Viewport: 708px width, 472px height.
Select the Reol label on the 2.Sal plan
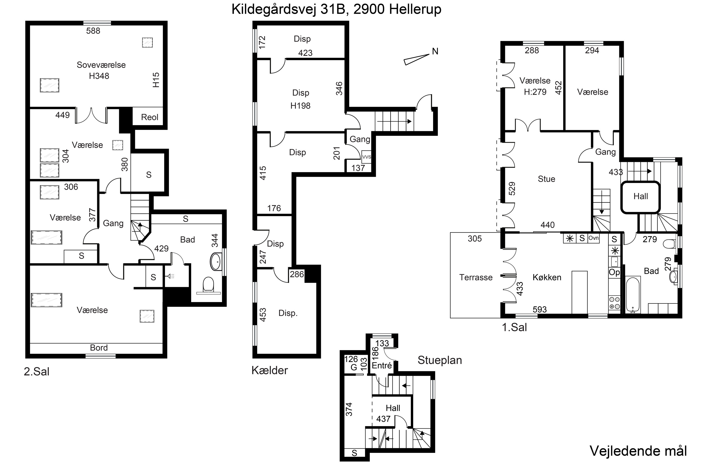(150, 117)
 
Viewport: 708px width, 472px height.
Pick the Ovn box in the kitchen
(593, 238)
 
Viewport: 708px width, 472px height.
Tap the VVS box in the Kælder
(366, 157)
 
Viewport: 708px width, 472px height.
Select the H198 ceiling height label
(300, 106)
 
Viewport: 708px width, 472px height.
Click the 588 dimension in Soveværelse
(93, 31)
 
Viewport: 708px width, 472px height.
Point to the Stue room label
(546, 179)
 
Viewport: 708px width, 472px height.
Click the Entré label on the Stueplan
(382, 366)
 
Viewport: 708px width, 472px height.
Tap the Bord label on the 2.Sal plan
(99, 348)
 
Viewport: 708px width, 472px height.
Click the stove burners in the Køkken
(614, 303)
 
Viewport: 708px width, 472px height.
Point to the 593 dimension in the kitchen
(539, 309)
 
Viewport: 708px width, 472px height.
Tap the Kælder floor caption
(270, 370)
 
